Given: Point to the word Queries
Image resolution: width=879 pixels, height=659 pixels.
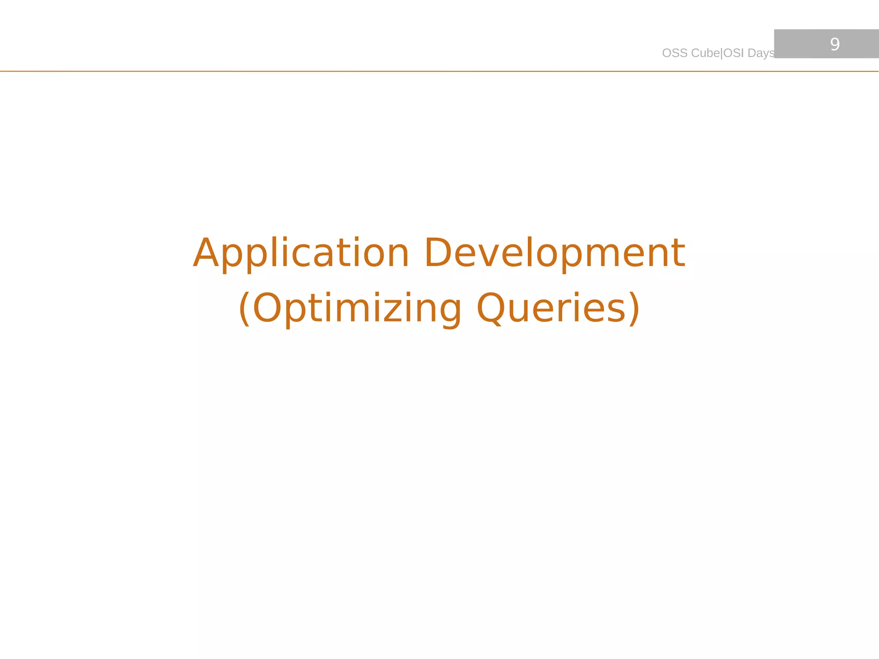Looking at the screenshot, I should click(552, 308).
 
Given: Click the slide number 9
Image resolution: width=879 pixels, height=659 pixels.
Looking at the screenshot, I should click(835, 44).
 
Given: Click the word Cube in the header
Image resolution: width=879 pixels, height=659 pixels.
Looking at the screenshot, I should click(706, 53).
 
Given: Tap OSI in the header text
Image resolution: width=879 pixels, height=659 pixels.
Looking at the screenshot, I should click(734, 53).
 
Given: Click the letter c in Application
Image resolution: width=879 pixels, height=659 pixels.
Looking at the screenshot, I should click(304, 257).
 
